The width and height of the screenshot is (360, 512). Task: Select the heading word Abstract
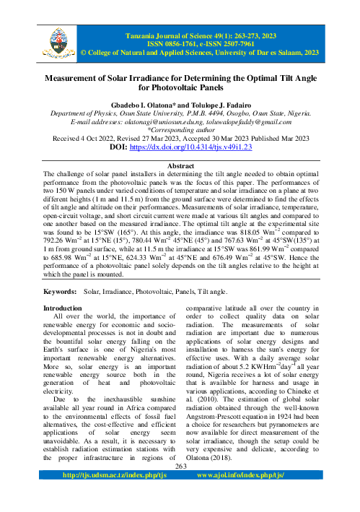coord(180,165)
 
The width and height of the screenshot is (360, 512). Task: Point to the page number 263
coord(180,487)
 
